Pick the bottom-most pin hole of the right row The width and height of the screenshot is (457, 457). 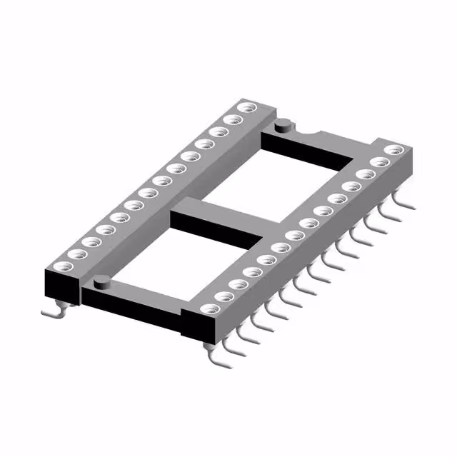pos(209,309)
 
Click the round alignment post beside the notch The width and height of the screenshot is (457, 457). pos(283,125)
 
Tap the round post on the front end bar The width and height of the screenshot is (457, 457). pos(102,281)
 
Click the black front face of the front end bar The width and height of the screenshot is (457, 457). pos(132,308)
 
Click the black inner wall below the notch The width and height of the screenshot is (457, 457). pos(307,152)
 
